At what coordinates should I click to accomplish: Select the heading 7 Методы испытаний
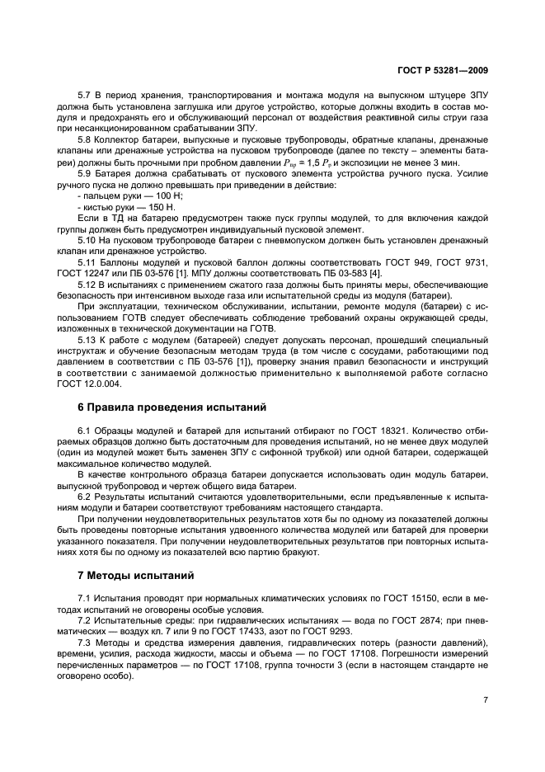point(133,574)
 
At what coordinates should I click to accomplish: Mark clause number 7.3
point(84,641)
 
